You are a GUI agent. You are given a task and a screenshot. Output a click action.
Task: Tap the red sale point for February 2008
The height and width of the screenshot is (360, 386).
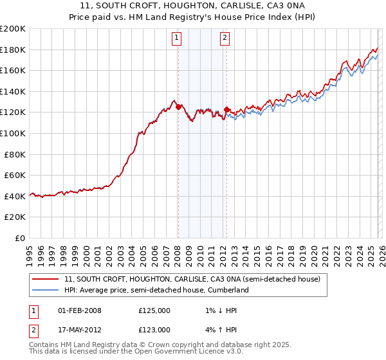coord(178,107)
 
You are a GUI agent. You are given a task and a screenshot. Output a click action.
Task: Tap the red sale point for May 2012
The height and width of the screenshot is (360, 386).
coord(226,110)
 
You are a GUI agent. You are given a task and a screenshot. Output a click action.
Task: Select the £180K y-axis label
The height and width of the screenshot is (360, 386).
coord(14,50)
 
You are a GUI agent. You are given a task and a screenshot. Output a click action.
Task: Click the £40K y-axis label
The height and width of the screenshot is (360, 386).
coord(15,196)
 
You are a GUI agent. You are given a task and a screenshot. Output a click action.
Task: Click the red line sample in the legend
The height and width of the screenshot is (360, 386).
coord(46,280)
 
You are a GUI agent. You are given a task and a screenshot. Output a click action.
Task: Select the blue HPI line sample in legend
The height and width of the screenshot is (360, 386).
coord(46,291)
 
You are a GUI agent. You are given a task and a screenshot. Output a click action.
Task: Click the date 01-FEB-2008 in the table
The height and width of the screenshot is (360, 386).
coord(80,310)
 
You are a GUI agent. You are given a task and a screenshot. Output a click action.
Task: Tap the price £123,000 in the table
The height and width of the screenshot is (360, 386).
coord(154,330)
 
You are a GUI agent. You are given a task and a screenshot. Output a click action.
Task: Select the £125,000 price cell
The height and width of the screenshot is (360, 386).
coord(154,310)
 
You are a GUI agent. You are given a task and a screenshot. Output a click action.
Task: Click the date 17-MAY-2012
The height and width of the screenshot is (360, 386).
coord(80,330)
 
